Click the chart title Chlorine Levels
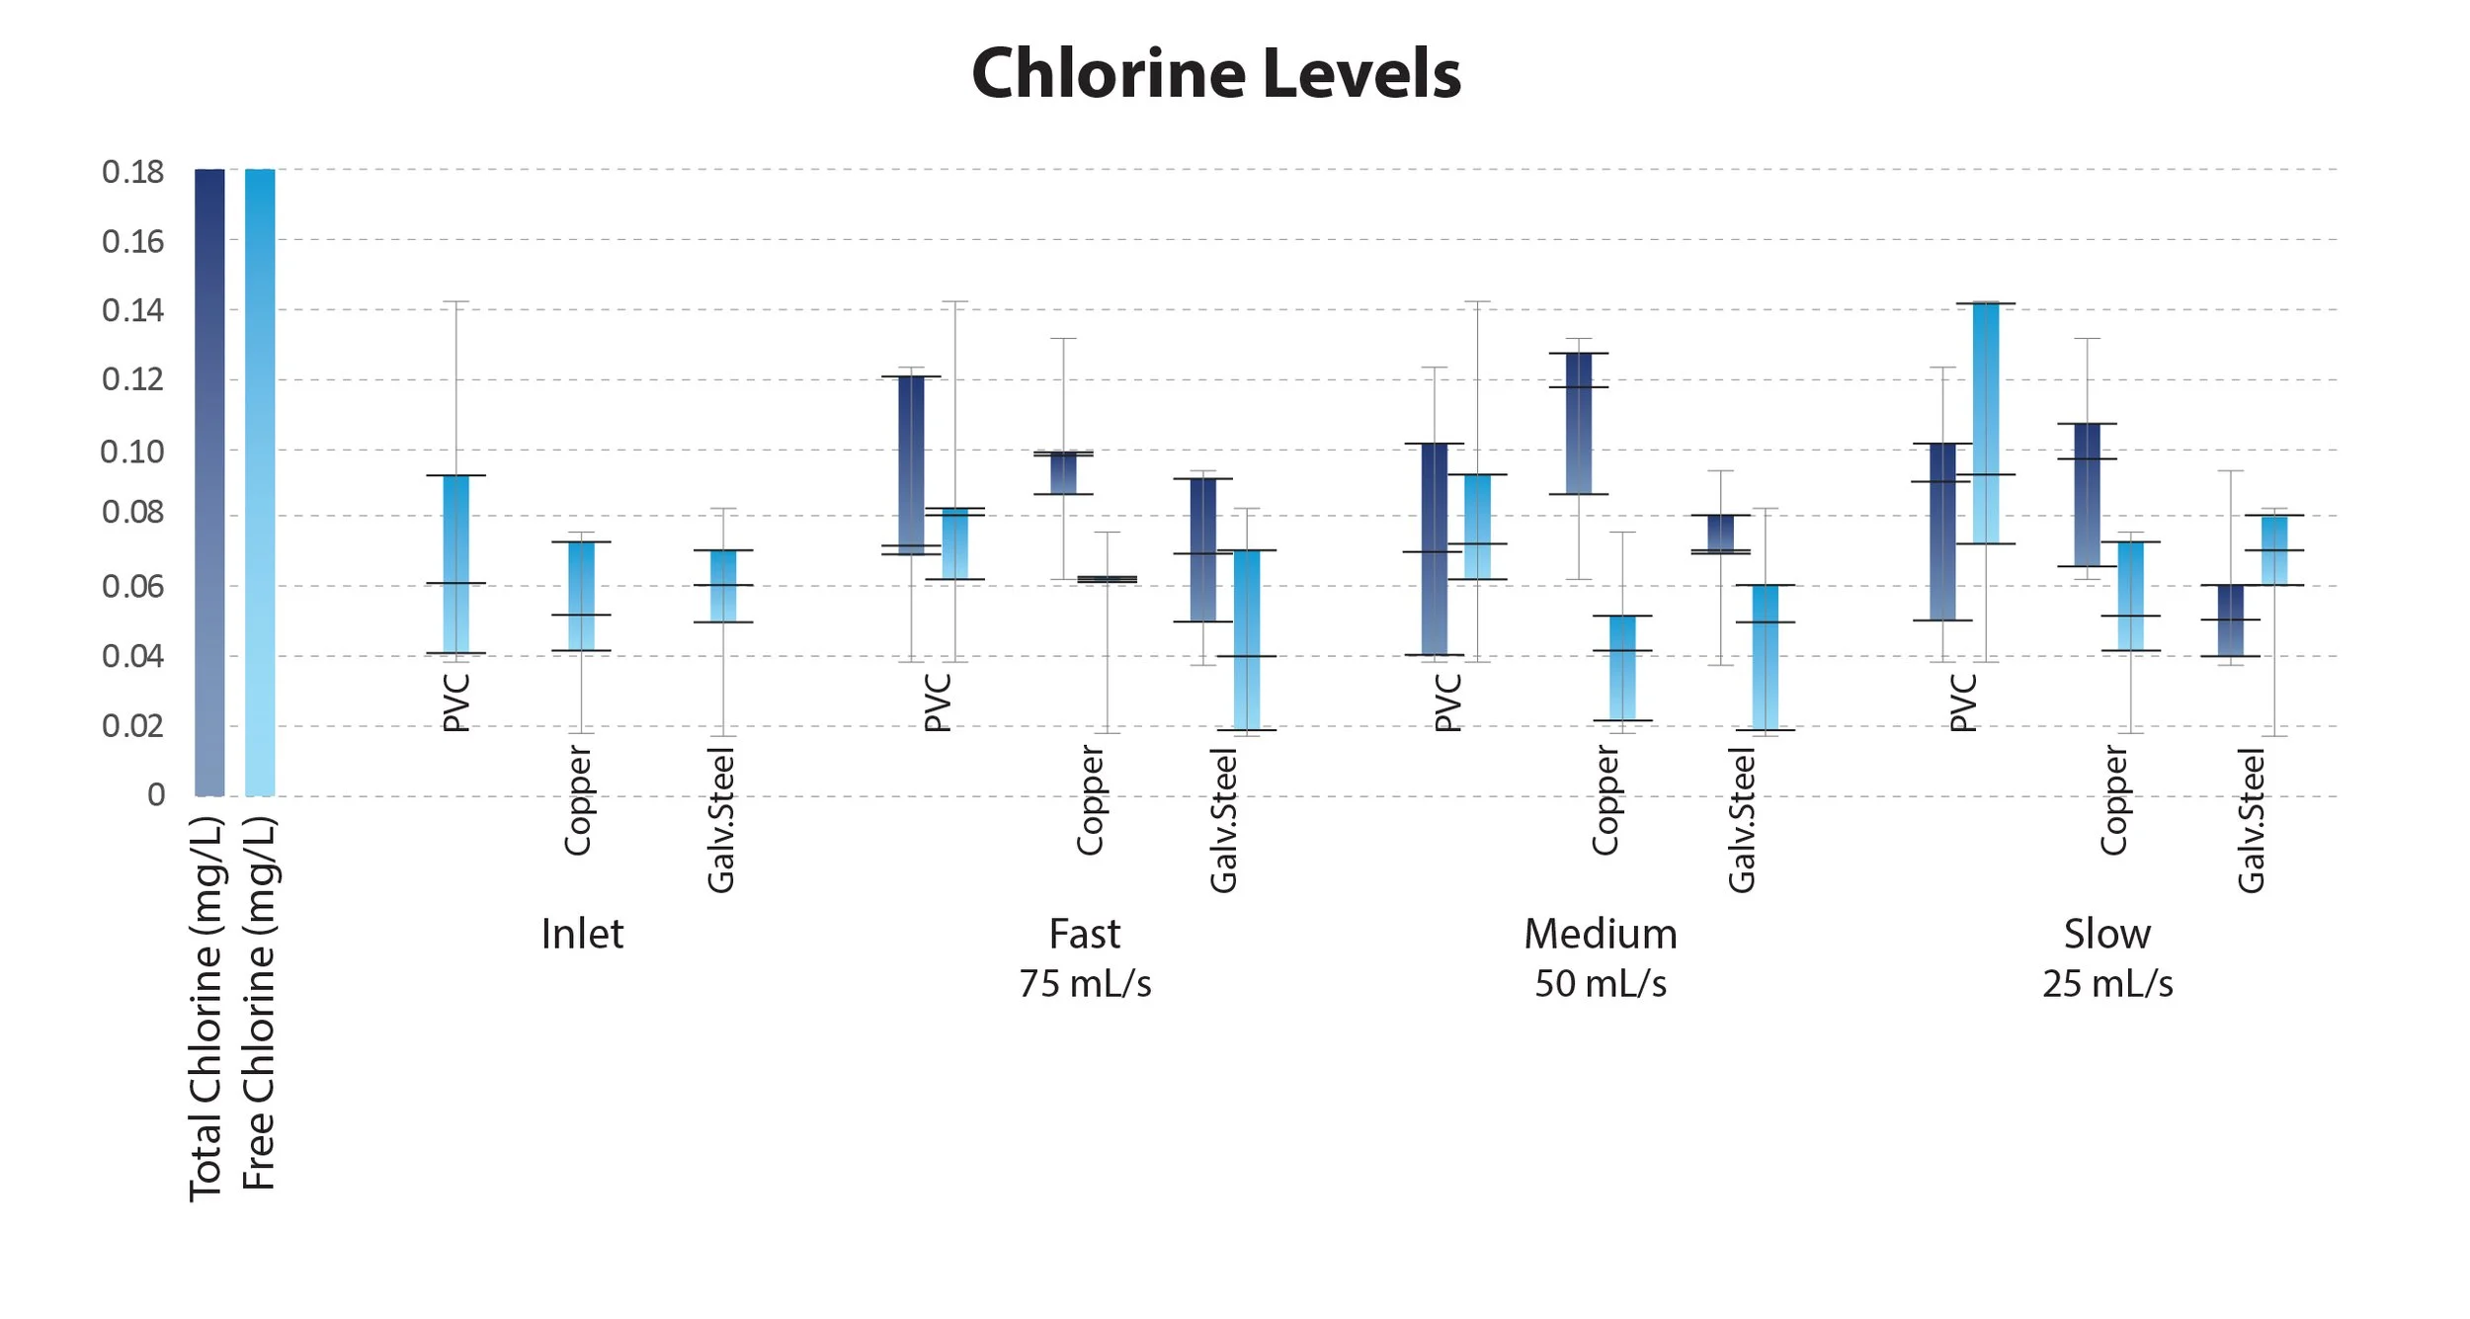1216,74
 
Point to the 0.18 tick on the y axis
133,172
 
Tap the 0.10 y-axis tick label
132,452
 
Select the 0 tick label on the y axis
156,794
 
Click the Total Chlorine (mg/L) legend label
206,1008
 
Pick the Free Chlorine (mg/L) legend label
259,1003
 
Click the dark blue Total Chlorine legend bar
209,482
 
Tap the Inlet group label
582,934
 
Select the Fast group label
1085,934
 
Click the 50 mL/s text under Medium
1601,984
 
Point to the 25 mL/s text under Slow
2107,984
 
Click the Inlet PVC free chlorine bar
455,563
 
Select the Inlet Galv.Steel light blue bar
723,586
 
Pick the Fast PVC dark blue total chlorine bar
911,464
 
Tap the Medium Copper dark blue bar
1579,423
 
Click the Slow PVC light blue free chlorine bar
1986,423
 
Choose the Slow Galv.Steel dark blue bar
2231,620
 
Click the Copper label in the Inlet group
577,800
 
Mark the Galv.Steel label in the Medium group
1741,820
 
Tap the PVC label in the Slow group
1963,702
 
